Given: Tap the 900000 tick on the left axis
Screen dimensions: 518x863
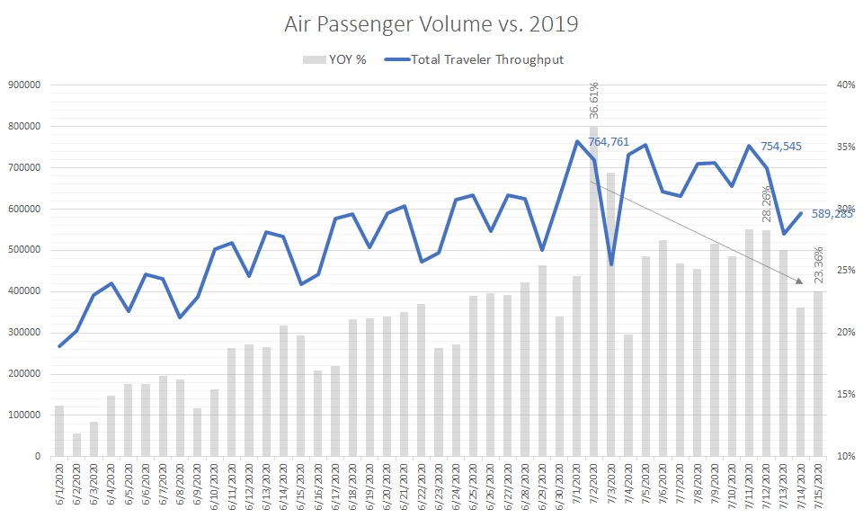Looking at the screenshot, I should (26, 85).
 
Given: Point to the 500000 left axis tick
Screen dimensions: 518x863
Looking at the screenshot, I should (26, 250).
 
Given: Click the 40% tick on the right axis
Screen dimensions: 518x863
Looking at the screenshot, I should (845, 85).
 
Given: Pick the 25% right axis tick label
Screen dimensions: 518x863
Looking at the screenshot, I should (845, 271).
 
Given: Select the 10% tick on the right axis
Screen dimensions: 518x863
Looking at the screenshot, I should (845, 456).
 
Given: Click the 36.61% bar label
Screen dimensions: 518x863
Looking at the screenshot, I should (593, 100).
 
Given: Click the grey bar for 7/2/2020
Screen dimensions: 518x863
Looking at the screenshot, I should (593, 297).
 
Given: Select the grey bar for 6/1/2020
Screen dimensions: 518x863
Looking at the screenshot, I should (59, 431).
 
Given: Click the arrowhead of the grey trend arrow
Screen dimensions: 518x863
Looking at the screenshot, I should (799, 283).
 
